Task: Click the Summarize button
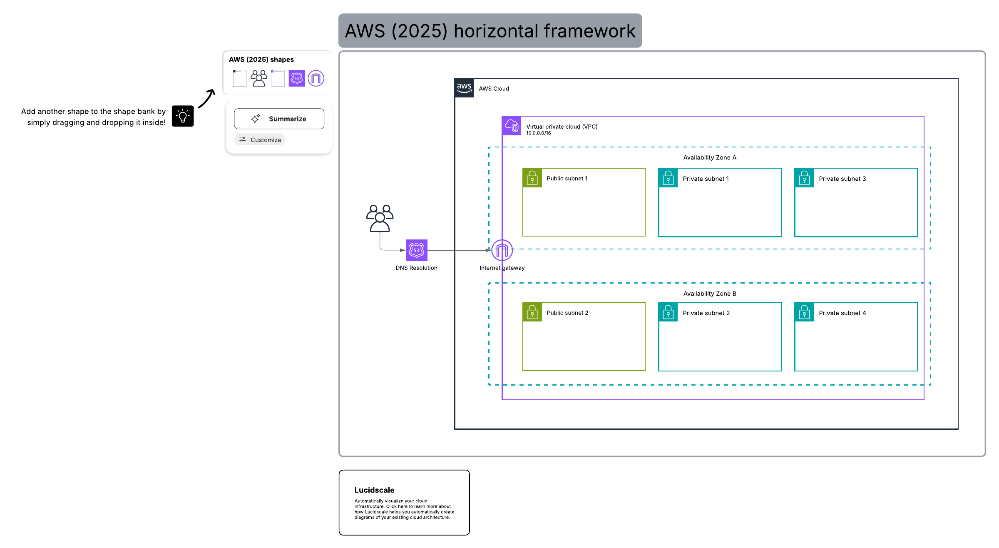point(279,119)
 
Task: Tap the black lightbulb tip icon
point(183,116)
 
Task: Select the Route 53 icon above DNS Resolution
point(417,250)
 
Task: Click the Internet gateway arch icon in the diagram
point(502,250)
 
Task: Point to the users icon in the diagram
point(380,218)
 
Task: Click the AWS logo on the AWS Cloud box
point(464,88)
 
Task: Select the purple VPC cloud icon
point(512,126)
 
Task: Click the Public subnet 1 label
point(567,178)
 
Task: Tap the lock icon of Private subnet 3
point(804,178)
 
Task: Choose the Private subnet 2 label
point(706,313)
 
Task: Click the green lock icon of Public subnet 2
point(532,312)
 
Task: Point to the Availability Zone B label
point(710,294)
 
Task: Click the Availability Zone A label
point(710,157)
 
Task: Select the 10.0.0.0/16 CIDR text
point(538,133)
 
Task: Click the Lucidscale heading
point(374,490)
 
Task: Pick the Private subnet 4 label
point(842,313)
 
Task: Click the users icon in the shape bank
point(258,78)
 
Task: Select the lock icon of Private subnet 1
point(668,178)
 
